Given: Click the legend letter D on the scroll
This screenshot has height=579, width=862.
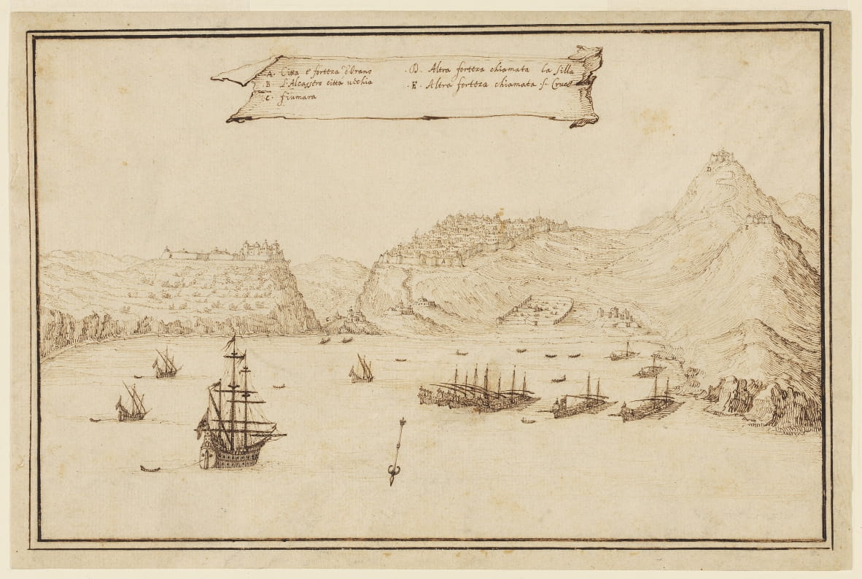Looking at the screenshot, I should (413, 71).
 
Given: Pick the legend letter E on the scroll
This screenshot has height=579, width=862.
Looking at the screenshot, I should (413, 85).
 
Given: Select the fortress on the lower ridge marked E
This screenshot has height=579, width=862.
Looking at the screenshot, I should (758, 218).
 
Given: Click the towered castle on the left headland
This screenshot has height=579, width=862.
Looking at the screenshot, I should (260, 250).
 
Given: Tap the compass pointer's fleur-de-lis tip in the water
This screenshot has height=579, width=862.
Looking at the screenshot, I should (393, 478).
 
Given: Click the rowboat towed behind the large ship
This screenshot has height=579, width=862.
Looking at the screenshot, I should (150, 468).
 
